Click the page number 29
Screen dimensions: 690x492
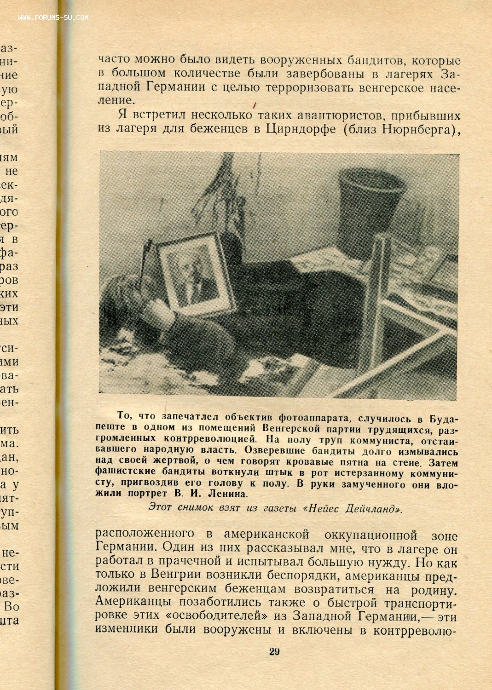[274, 651]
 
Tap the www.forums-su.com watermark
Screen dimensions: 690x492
[53, 18]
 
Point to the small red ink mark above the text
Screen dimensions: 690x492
[254, 105]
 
